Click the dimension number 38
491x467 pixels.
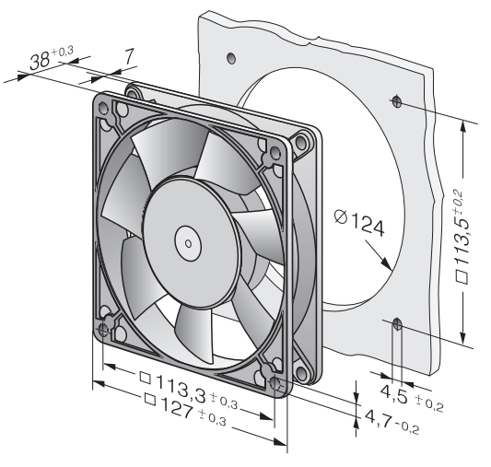[x=40, y=61]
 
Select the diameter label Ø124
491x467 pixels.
[x=359, y=223]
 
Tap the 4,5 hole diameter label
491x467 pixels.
[x=394, y=393]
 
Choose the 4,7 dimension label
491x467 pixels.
[x=379, y=417]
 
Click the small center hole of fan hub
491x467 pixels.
[x=188, y=243]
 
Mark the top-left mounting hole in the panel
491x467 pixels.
[x=231, y=58]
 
